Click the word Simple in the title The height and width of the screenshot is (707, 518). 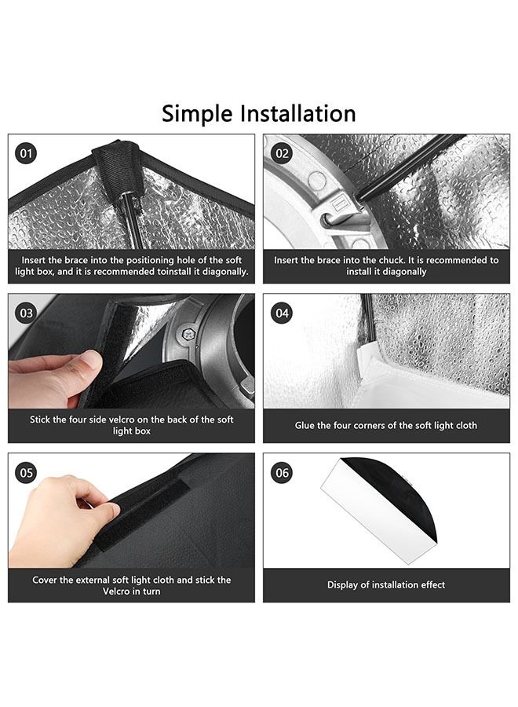tap(197, 114)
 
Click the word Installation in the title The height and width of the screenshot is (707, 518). tap(297, 113)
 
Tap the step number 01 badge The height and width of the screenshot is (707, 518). tap(27, 154)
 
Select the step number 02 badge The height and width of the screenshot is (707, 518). tap(282, 154)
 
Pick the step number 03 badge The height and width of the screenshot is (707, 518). tap(27, 313)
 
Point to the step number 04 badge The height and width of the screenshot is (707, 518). tap(282, 313)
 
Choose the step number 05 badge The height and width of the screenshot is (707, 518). tap(27, 473)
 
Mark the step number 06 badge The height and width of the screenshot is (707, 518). tap(282, 473)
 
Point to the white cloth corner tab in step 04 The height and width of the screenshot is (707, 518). tap(365, 361)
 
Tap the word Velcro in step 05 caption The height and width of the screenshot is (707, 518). tap(116, 592)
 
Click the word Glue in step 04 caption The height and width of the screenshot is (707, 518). tap(305, 425)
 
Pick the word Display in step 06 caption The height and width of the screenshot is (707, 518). tap(342, 585)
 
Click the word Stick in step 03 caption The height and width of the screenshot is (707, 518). tap(40, 419)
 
